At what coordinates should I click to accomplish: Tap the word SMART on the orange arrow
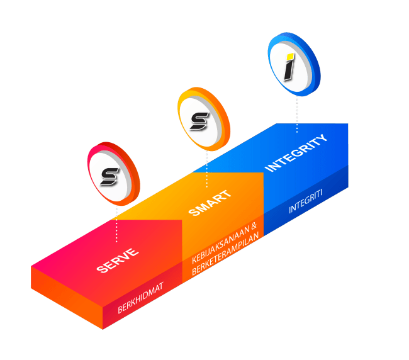(210, 203)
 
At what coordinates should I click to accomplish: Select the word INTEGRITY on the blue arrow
(296, 152)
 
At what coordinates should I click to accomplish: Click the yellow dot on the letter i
(291, 54)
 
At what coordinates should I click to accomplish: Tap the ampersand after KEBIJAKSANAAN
(254, 227)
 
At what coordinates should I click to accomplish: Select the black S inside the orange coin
(199, 120)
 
